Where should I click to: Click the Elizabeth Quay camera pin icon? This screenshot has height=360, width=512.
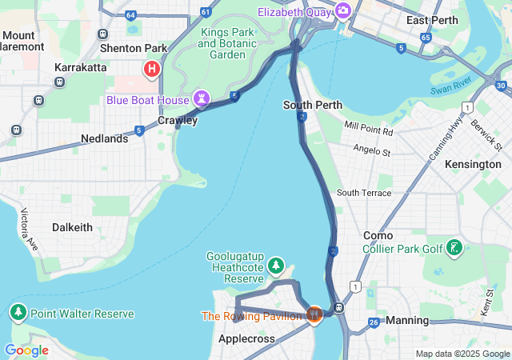343,10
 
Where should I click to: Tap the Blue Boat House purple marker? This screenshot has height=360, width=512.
202,100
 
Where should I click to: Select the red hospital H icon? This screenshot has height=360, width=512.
150,70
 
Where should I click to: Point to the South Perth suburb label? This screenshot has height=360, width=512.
313,105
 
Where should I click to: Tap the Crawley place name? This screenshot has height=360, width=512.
177,120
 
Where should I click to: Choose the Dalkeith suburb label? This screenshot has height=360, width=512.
72,227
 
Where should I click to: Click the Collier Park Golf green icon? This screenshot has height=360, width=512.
454,248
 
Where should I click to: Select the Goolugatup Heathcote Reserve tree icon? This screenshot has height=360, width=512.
276,265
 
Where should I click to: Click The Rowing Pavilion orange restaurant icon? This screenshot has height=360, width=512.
314,314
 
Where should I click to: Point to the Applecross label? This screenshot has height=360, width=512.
246,339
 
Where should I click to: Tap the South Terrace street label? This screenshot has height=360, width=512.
364,193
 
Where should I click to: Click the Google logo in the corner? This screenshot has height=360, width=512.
26,350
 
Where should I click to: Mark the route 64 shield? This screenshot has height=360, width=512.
130,14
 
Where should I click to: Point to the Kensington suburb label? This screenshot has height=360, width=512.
473,164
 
